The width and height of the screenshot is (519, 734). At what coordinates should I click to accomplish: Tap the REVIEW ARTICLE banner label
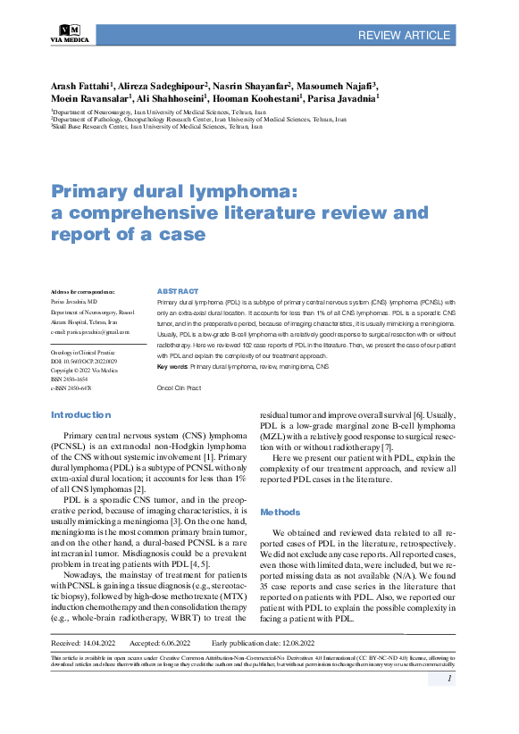(x=404, y=35)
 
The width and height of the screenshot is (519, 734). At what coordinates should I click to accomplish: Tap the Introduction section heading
(x=80, y=414)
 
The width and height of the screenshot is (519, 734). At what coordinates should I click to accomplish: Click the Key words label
(x=172, y=367)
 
